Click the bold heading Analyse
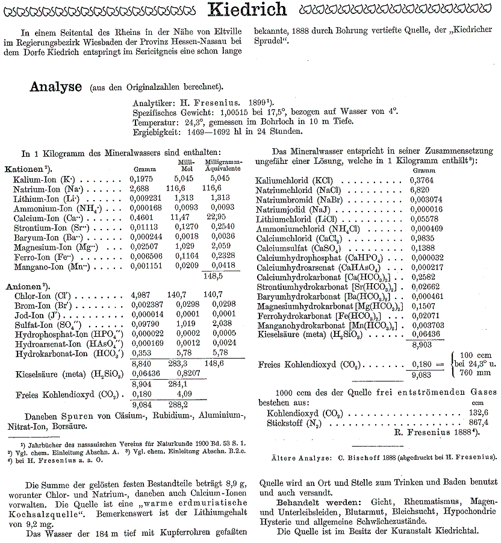pos(55,87)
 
